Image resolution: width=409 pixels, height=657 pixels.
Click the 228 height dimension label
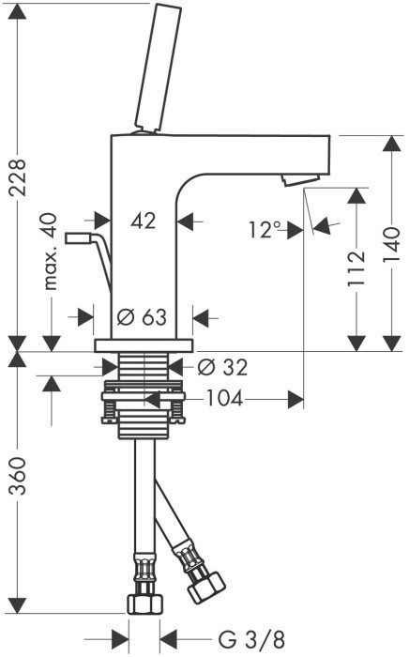[20, 177]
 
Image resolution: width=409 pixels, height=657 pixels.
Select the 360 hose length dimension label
[19, 476]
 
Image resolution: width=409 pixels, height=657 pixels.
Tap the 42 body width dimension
[144, 220]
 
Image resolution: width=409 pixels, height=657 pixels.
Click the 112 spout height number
[357, 268]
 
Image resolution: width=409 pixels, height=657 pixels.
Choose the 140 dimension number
[392, 245]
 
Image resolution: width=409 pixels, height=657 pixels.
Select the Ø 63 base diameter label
[142, 317]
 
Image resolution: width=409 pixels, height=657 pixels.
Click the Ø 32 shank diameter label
[222, 368]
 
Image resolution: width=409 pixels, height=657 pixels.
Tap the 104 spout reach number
[225, 398]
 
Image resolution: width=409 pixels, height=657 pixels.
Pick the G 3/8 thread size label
[251, 640]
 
